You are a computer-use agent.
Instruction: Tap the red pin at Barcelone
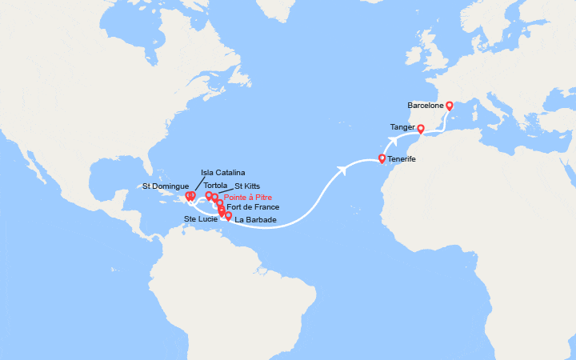click(450, 105)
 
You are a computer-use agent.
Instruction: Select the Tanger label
click(402, 127)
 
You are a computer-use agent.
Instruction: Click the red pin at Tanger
click(421, 128)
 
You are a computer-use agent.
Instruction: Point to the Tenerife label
click(402, 159)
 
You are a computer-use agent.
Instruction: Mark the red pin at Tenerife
click(382, 158)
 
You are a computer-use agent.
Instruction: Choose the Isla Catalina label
click(223, 173)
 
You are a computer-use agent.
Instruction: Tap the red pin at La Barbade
click(229, 215)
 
